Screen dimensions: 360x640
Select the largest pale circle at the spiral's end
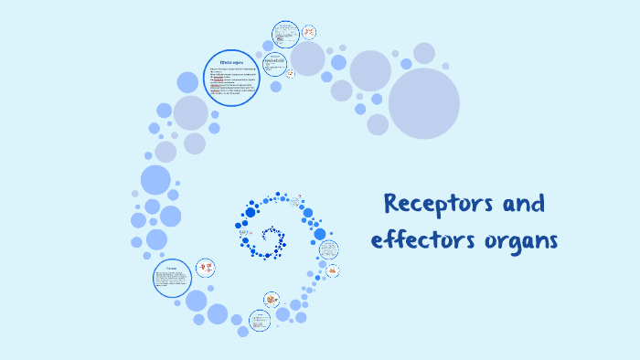423,103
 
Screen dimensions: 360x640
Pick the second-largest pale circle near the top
370,70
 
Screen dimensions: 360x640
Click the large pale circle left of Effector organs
191,112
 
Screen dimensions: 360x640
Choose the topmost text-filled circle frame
286,34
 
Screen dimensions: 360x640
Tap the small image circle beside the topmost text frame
309,33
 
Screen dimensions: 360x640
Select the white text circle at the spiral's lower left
172,277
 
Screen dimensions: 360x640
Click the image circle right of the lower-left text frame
208,268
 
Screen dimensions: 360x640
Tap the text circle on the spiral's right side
328,249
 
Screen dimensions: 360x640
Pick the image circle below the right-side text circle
333,270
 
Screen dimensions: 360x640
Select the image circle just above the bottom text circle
272,299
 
